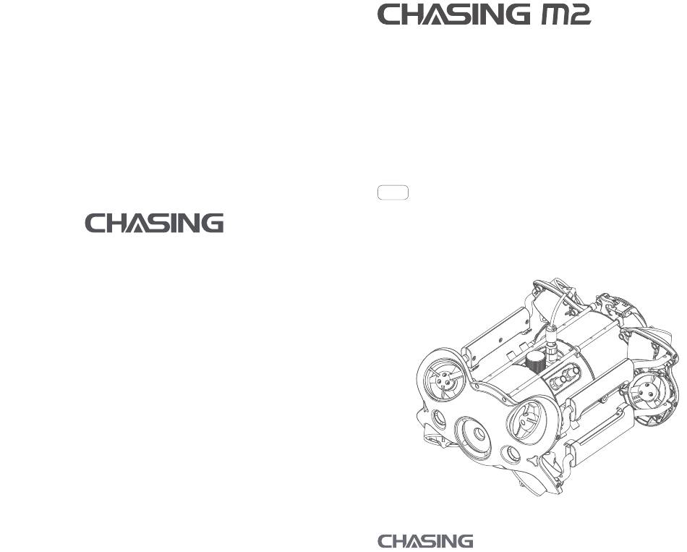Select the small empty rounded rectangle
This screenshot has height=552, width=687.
[393, 192]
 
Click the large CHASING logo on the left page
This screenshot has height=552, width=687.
[155, 223]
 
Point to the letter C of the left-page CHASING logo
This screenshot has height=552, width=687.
[97, 223]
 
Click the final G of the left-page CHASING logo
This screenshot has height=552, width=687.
[213, 223]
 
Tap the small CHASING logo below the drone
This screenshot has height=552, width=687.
[426, 541]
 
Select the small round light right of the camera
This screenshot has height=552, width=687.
[513, 454]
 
